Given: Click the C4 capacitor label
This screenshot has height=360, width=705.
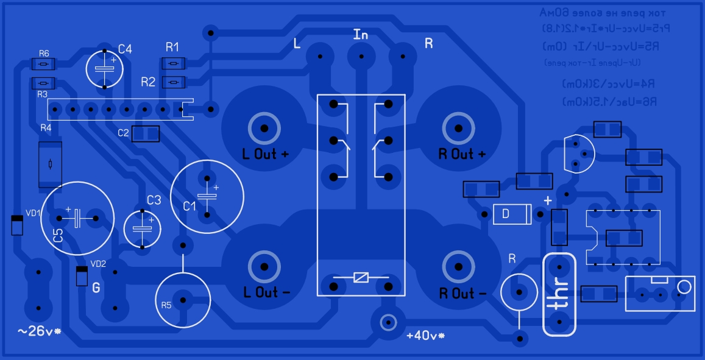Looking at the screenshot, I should (125, 49).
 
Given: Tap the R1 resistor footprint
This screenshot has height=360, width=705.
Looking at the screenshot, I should (174, 63).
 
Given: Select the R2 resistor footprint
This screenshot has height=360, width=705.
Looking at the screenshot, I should (174, 82).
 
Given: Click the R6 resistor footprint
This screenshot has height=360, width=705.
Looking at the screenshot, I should (43, 64).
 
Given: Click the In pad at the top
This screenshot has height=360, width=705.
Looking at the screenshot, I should (361, 57).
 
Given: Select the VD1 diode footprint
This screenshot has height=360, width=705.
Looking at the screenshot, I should (17, 225).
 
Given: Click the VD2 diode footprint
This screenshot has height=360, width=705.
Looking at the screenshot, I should (81, 276).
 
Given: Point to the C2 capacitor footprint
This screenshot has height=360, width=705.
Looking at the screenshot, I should (146, 133).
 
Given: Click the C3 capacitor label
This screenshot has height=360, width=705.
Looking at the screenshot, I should (154, 199).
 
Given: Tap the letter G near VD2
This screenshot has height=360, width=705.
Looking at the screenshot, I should (96, 288).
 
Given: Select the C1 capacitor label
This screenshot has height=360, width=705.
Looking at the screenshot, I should (190, 206).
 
